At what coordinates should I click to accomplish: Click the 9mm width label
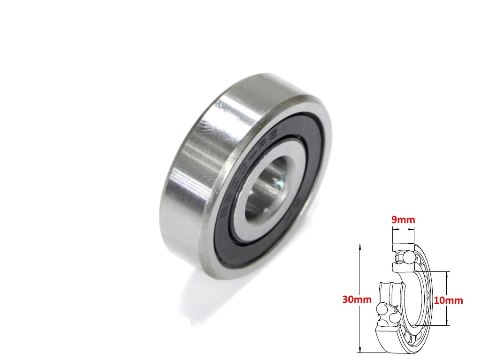pyautogui.click(x=404, y=219)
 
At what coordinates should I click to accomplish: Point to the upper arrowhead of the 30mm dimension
pyautogui.click(x=359, y=246)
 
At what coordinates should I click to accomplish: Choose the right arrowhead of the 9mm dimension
pyautogui.click(x=413, y=230)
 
